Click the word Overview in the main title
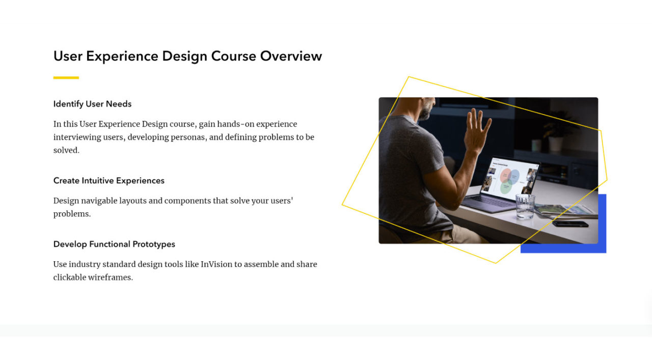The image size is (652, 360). point(291,56)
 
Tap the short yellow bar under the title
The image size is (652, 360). point(66,78)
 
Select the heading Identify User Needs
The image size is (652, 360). point(92,104)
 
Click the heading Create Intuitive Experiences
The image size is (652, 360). point(109,180)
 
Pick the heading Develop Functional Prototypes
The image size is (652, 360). point(114,244)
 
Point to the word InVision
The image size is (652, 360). point(216,264)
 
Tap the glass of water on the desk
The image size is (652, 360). point(525,206)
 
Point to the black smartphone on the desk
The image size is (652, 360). point(570,224)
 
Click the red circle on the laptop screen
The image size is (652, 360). point(506,176)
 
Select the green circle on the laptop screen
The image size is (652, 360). point(506,187)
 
